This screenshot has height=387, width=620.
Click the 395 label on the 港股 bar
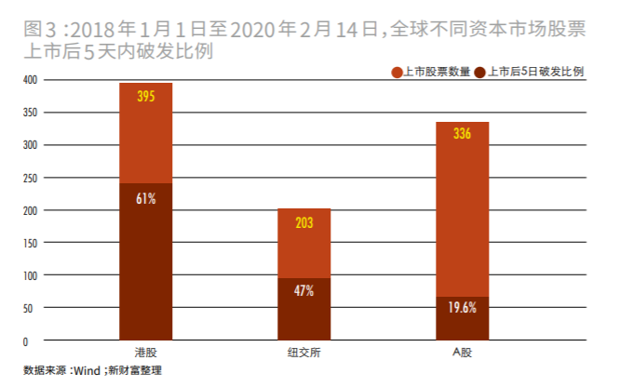(145, 97)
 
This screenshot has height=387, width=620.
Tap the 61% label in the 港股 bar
(145, 198)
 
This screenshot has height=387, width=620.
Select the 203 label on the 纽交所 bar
(303, 222)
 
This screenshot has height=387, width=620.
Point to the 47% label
(303, 291)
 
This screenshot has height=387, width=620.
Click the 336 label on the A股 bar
(462, 135)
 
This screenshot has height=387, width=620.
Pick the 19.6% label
(462, 308)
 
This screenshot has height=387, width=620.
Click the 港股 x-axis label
(145, 353)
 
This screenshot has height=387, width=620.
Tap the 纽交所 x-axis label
(303, 353)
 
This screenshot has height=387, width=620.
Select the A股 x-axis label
(462, 353)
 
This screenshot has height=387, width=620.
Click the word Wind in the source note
(86, 370)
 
